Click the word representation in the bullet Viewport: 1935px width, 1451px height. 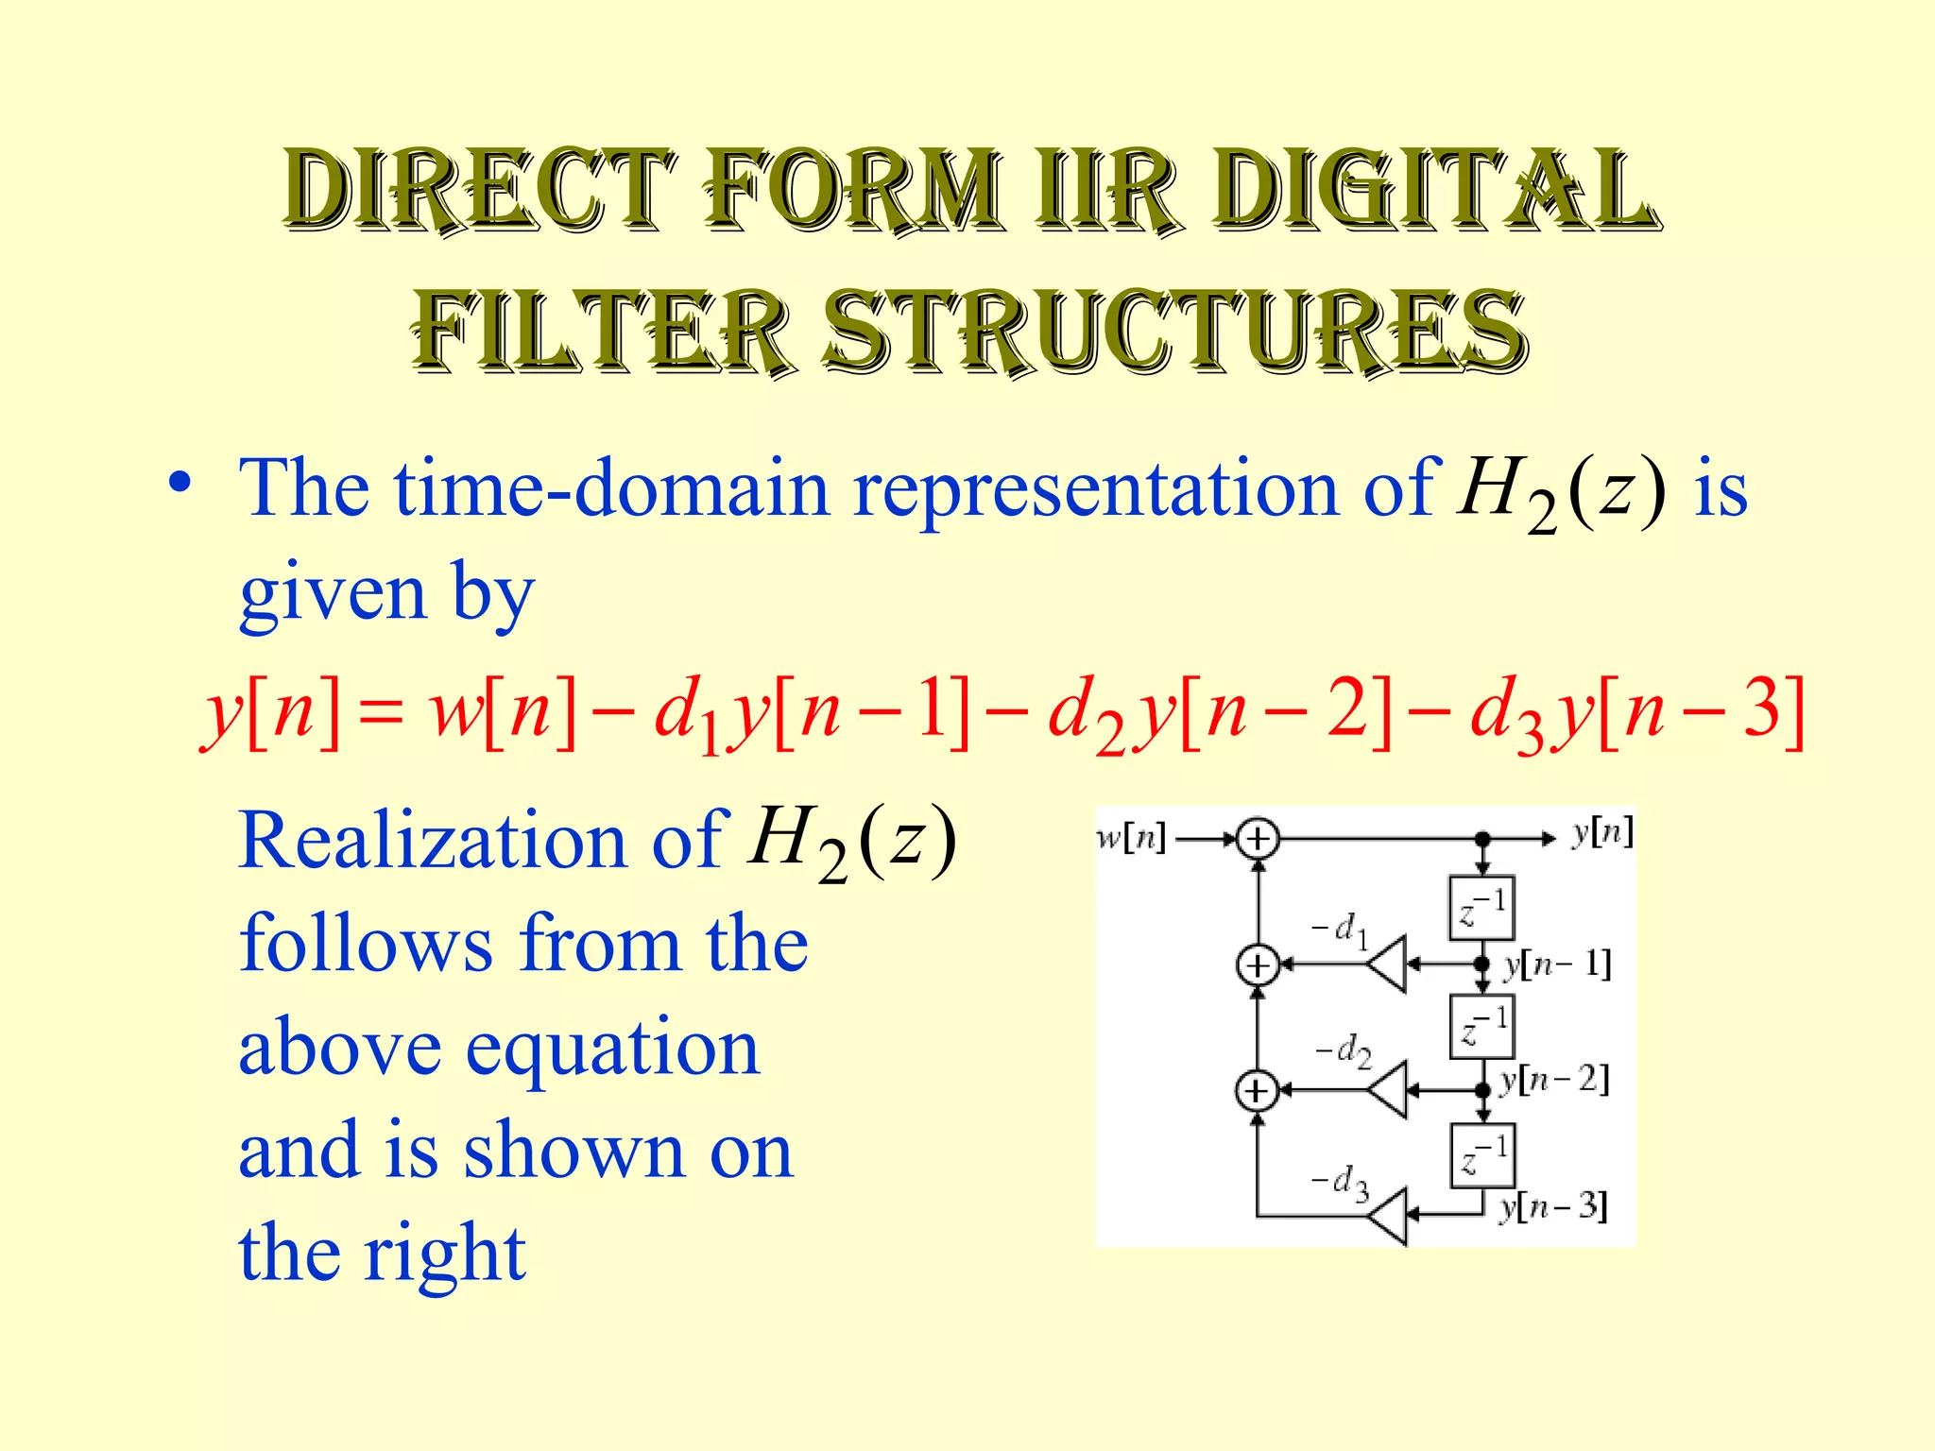(1095, 488)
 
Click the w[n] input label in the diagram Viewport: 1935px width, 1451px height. (1131, 837)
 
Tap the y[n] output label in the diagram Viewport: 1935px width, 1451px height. (1602, 832)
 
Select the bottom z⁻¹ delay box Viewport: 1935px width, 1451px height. (1482, 1155)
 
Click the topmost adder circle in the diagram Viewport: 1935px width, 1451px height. (1258, 839)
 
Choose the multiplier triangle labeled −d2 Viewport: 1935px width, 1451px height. (1388, 1090)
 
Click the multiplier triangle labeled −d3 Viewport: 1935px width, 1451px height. (1388, 1215)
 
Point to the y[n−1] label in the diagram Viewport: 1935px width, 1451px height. (1556, 964)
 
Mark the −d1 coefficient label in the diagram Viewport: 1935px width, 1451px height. (1339, 930)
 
